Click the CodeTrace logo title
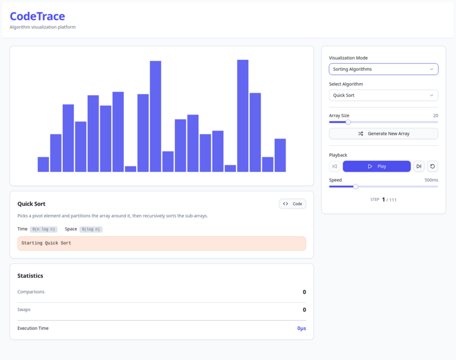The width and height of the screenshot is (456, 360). (38, 17)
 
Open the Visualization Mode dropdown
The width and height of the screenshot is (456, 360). (383, 69)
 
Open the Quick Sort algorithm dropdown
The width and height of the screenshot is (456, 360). (383, 95)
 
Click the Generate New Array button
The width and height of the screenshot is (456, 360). (383, 133)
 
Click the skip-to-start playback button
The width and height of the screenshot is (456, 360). (335, 166)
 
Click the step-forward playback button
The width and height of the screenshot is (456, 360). (419, 166)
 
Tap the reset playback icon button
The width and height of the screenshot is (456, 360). (433, 166)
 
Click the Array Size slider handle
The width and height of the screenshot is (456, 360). (348, 122)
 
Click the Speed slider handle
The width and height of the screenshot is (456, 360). (356, 186)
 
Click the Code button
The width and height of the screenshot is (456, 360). (292, 203)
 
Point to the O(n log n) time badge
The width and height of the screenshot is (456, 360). (43, 229)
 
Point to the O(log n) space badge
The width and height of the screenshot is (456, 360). (91, 229)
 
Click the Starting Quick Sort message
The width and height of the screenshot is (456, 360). (47, 243)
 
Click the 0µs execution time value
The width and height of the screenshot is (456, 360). (301, 329)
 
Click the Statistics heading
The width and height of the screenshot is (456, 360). (30, 276)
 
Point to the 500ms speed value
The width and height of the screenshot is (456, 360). (431, 180)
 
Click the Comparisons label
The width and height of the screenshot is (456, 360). (31, 292)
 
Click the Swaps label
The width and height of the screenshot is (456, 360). (24, 310)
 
